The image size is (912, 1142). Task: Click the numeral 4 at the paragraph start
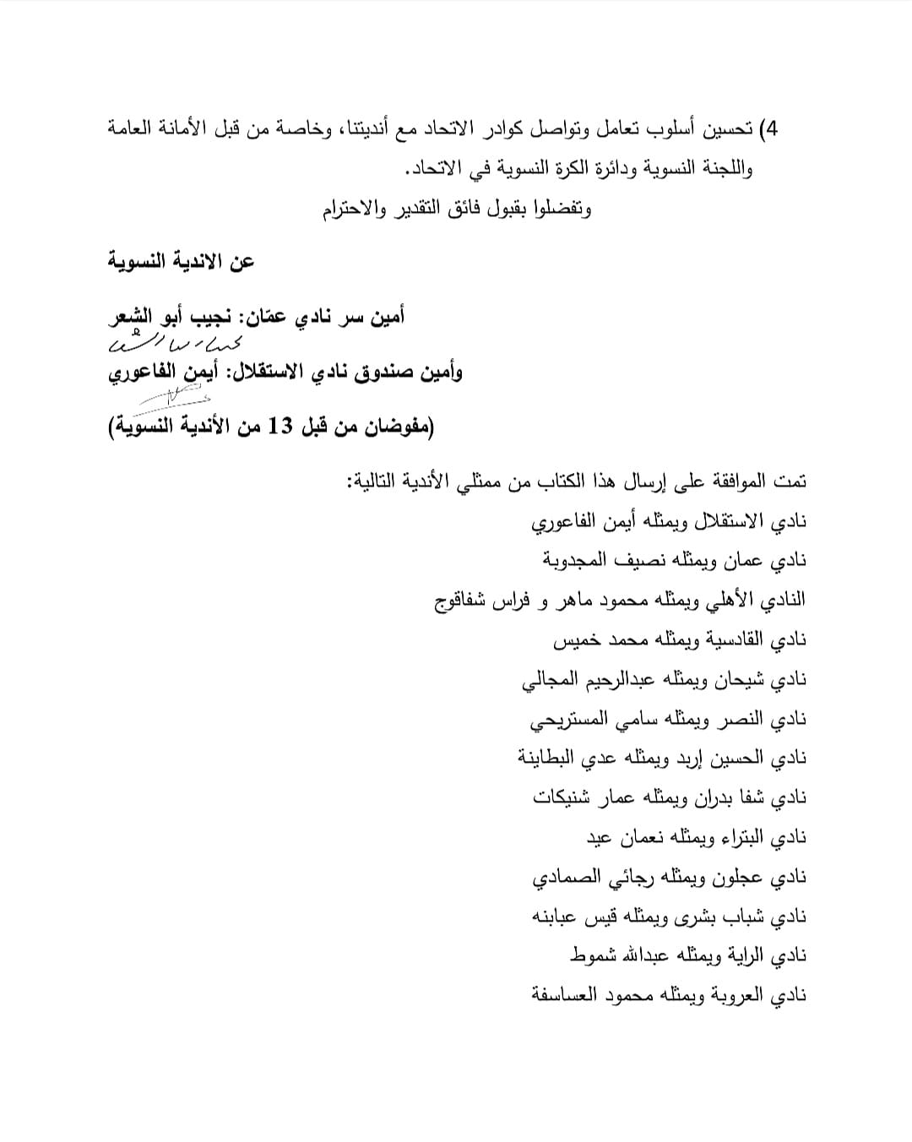(769, 129)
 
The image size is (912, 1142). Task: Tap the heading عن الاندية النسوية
(182, 262)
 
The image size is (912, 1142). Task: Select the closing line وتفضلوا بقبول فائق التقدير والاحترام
(457, 209)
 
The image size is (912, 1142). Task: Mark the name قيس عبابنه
(575, 916)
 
